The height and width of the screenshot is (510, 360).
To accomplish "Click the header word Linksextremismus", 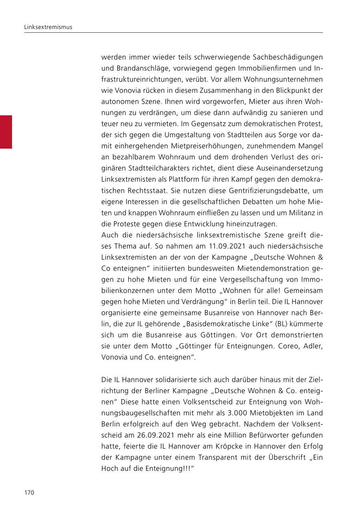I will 48,27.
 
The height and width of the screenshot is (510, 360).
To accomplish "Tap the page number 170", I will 30,492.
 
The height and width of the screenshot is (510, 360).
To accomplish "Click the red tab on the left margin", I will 6,132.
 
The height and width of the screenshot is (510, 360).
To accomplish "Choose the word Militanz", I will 297,213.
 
